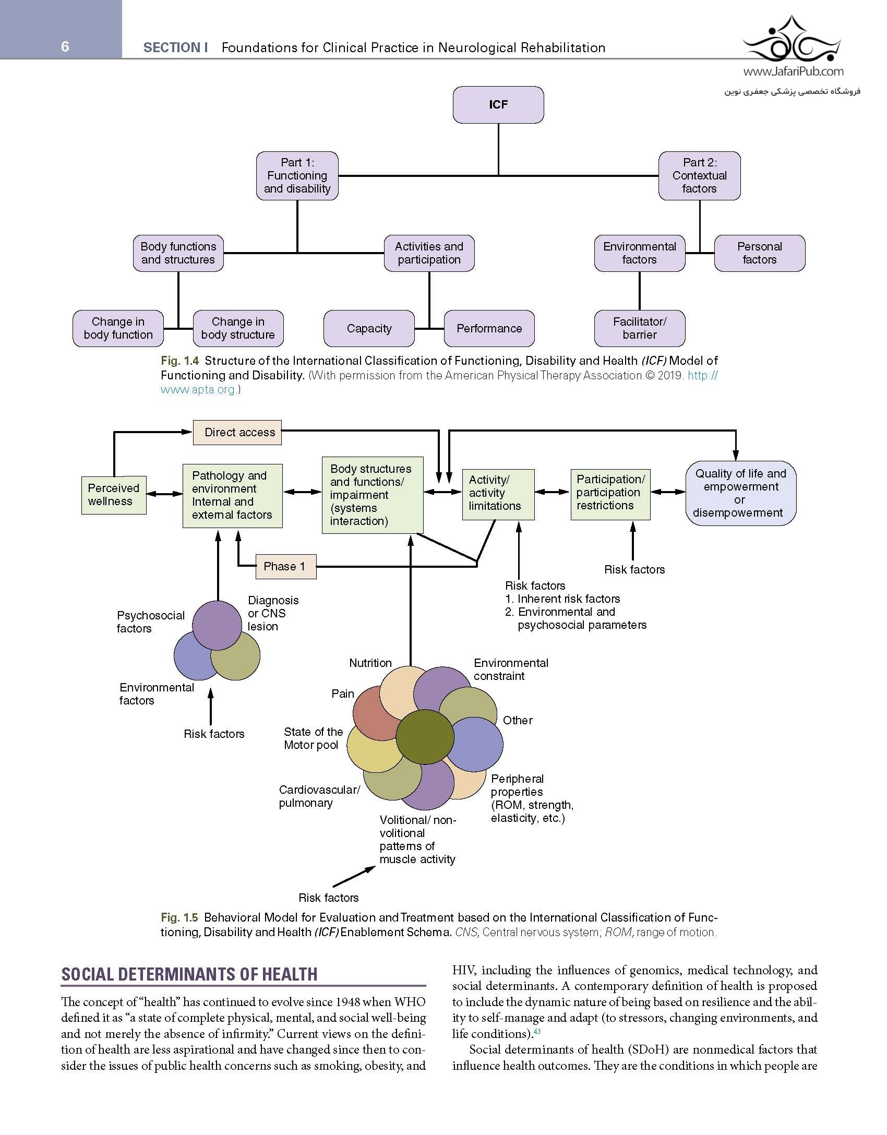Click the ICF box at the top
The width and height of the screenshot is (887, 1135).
(498, 105)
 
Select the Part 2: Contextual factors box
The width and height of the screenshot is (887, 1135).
(699, 176)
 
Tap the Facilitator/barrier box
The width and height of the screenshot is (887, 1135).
(640, 328)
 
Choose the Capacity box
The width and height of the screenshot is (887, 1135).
(369, 328)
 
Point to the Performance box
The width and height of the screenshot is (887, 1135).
(489, 328)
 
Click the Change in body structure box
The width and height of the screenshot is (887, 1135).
(238, 328)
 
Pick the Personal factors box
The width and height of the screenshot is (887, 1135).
(759, 253)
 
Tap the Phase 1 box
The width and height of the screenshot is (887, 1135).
(285, 566)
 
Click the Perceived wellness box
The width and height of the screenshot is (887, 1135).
(113, 495)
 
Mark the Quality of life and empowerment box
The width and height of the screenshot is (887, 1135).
(740, 493)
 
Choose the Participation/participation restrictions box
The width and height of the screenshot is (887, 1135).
(610, 493)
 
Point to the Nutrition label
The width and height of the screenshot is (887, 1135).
(370, 663)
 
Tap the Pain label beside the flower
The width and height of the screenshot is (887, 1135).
(342, 694)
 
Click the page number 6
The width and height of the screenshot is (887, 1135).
(65, 47)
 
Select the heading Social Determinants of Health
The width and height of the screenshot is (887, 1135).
(189, 974)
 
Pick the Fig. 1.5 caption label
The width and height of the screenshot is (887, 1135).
(179, 917)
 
